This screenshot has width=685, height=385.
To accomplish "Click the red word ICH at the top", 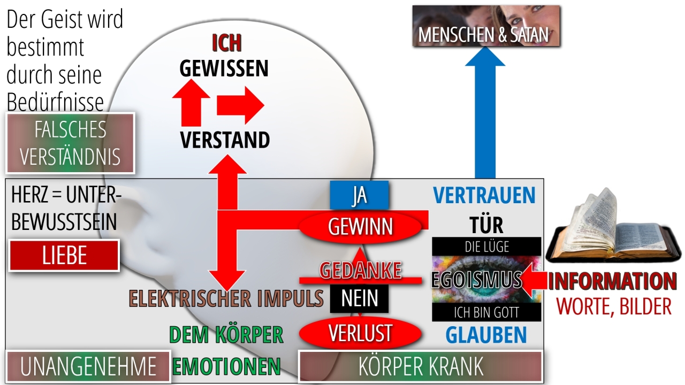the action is coord(227,43).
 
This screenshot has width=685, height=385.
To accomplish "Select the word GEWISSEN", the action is coord(224,68).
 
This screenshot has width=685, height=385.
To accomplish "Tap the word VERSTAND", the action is coord(225,140).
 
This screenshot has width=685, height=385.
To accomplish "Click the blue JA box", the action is coord(359,195).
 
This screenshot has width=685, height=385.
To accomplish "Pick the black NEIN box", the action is coord(359,298).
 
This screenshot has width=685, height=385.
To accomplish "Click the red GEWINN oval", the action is coord(360,227).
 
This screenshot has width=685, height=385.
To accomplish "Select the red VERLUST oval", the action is coord(360,333).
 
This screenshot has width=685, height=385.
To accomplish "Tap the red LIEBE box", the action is coord(64,256).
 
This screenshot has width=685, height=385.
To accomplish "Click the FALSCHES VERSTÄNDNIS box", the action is coord(70,143).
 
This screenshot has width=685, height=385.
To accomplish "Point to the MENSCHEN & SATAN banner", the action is coord(486,26).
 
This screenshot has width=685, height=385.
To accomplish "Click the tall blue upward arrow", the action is coord(485,112).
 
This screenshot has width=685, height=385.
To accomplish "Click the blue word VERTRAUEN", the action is coord(484,195).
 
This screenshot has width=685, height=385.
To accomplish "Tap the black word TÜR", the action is coord(486,225).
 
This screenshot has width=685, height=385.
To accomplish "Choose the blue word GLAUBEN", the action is coord(486,335).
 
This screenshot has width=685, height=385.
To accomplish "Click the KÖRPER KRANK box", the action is coord(421,367).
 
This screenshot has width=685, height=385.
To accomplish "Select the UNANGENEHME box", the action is coord(88,366).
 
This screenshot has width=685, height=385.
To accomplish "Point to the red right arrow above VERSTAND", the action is coord(240,105).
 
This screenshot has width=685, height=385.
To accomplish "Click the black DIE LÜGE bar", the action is coord(486,247).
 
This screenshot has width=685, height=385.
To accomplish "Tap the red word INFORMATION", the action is coord(612,281).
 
